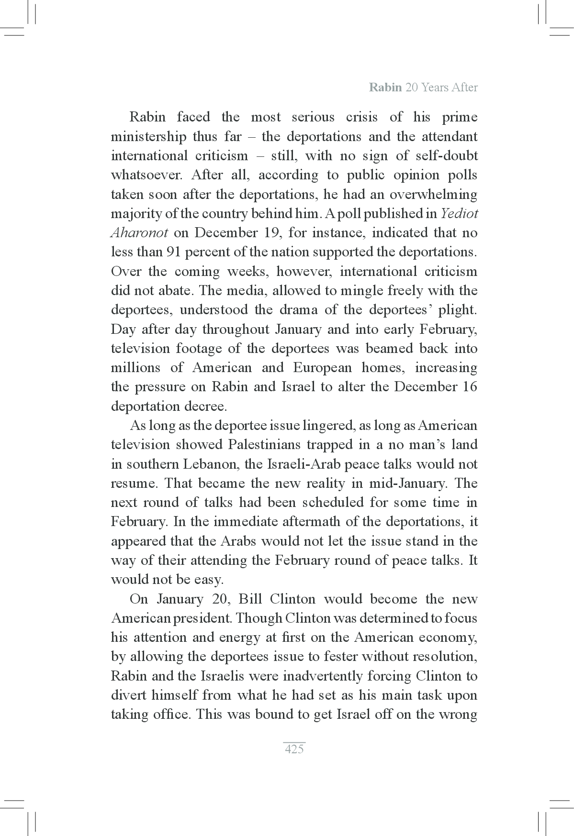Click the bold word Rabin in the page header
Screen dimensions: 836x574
point(385,88)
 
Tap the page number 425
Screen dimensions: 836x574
point(294,749)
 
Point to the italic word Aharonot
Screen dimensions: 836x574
point(139,233)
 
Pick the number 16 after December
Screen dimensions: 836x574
point(470,386)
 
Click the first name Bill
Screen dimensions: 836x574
point(249,599)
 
